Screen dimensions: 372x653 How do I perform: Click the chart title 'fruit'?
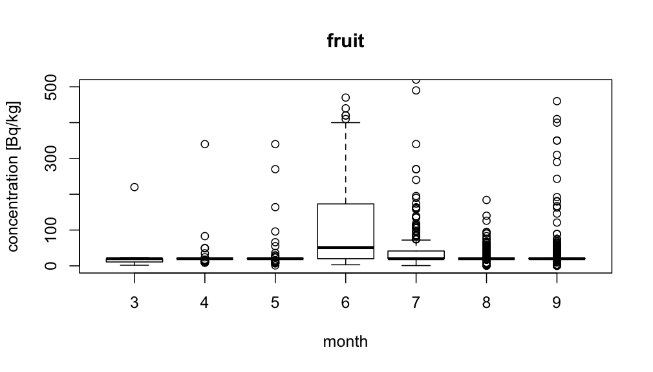(345, 41)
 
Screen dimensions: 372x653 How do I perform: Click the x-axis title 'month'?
(345, 342)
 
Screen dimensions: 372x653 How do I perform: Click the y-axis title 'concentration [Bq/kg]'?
(14, 176)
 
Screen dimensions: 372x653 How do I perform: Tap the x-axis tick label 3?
(134, 303)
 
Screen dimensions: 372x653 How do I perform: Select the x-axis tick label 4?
(205, 303)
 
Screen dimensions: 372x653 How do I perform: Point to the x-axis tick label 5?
(275, 303)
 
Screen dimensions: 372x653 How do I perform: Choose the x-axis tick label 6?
(345, 303)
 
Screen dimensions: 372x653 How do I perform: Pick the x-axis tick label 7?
(416, 303)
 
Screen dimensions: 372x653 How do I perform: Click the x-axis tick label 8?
(486, 303)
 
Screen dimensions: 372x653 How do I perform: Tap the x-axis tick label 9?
(557, 303)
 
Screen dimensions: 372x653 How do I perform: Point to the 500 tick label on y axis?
(55, 87)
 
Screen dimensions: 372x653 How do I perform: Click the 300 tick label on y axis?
(55, 159)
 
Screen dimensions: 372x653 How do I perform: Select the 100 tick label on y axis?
(55, 230)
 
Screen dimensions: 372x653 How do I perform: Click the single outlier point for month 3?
(134, 187)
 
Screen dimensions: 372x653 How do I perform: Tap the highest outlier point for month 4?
(205, 144)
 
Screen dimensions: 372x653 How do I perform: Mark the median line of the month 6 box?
(345, 247)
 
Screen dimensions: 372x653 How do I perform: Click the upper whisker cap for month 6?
(345, 122)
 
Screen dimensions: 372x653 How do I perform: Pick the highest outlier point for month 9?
(557, 101)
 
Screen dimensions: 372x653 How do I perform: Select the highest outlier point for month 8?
(486, 200)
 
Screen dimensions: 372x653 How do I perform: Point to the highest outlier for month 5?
(275, 144)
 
